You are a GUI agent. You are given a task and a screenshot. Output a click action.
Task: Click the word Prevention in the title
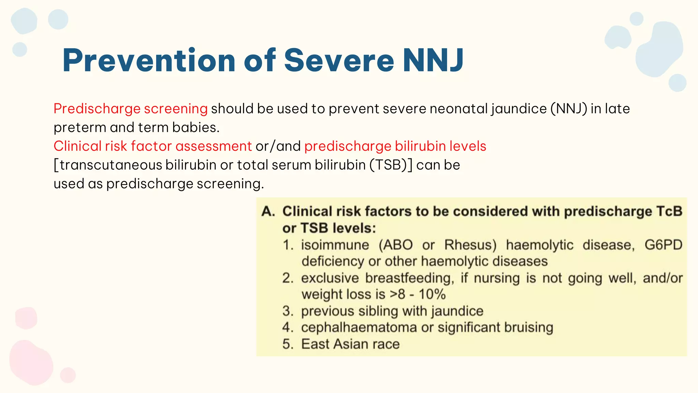pyautogui.click(x=149, y=61)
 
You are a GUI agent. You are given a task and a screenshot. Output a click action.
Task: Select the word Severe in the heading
pyautogui.click(x=339, y=61)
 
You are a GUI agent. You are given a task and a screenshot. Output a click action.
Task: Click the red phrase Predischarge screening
pyautogui.click(x=131, y=109)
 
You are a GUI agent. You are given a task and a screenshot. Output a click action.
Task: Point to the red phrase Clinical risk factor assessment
pyautogui.click(x=152, y=146)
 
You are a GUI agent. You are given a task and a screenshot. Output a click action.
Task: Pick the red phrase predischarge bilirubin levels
pyautogui.click(x=395, y=146)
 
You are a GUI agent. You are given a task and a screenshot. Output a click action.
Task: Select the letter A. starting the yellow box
pyautogui.click(x=268, y=212)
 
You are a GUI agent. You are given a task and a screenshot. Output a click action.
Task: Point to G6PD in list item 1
pyautogui.click(x=663, y=245)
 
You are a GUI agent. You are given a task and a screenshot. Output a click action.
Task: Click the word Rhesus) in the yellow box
pyautogui.click(x=470, y=245)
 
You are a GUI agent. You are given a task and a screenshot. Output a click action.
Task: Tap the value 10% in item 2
pyautogui.click(x=432, y=294)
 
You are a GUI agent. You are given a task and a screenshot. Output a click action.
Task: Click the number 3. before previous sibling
pyautogui.click(x=288, y=311)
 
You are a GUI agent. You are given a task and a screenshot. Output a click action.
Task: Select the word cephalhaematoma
pyautogui.click(x=359, y=327)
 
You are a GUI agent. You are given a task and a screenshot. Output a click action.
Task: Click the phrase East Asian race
pyautogui.click(x=350, y=344)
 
